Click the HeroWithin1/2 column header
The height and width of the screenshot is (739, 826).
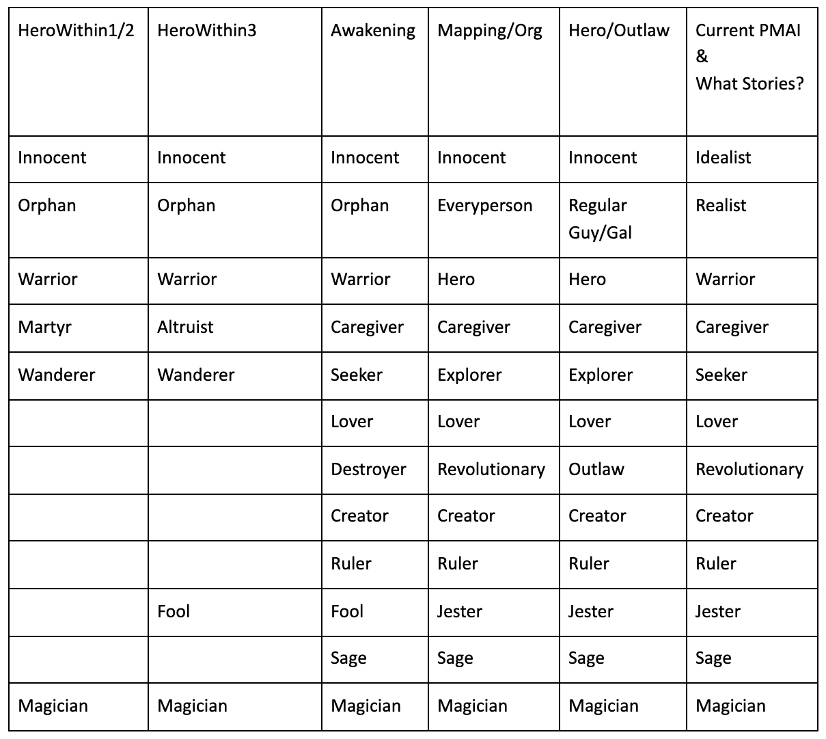pos(76,31)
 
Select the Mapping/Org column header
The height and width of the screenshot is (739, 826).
pos(489,31)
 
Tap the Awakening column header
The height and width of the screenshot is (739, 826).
pos(372,31)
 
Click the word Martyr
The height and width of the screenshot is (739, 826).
pos(44,327)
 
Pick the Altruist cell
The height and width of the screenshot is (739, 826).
pos(185,327)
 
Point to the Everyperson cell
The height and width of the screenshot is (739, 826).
pos(484,206)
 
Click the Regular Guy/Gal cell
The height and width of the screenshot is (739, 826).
pos(600,219)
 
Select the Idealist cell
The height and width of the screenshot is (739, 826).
pos(723,158)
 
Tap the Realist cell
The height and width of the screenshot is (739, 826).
pos(721,206)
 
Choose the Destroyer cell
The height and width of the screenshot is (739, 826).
pos(368,470)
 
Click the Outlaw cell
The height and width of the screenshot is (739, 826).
pos(596,470)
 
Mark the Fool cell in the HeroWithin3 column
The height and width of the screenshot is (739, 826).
pos(174,611)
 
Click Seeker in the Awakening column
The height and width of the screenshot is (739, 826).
pos(357,375)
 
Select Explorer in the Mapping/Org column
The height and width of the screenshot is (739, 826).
pos(469,375)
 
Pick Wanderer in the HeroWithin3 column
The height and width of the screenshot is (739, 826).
pos(195,375)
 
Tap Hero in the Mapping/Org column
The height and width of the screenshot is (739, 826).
pos(456,280)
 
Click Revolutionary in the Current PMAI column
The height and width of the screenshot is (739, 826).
pos(749,470)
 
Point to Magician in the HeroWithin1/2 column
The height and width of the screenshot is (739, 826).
pos(53,706)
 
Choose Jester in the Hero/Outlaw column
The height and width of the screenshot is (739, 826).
pos(590,611)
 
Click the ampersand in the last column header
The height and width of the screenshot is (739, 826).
pos(702,57)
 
